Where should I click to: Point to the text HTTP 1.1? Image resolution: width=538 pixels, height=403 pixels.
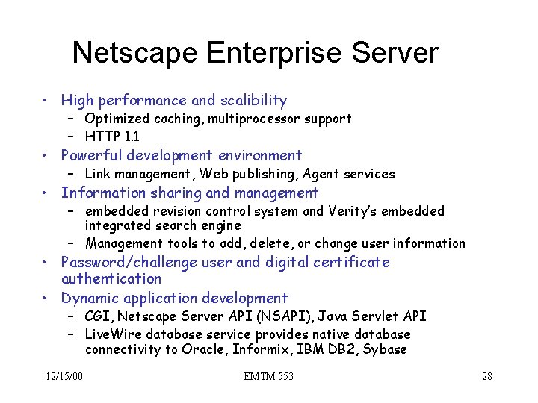coord(112,137)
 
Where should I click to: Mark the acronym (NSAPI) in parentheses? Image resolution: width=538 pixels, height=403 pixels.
coord(228,316)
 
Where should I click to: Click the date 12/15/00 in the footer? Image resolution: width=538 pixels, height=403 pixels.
coord(63,376)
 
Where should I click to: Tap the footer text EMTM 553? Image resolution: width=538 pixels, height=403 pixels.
coord(268,376)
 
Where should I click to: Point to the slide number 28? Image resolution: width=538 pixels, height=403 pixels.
coord(486,376)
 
